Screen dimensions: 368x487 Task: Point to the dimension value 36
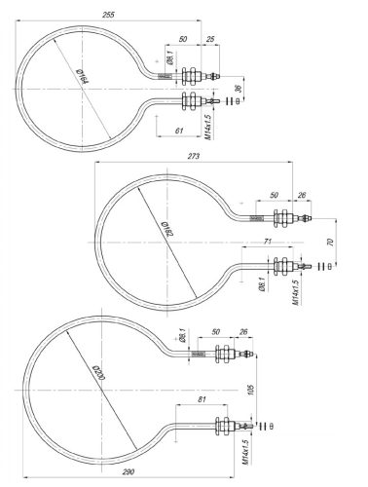[239, 90]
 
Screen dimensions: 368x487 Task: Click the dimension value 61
[177, 130]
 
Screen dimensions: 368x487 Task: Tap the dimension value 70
[332, 241]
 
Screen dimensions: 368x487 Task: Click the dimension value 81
[202, 399]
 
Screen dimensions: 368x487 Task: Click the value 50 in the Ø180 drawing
[273, 196]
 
